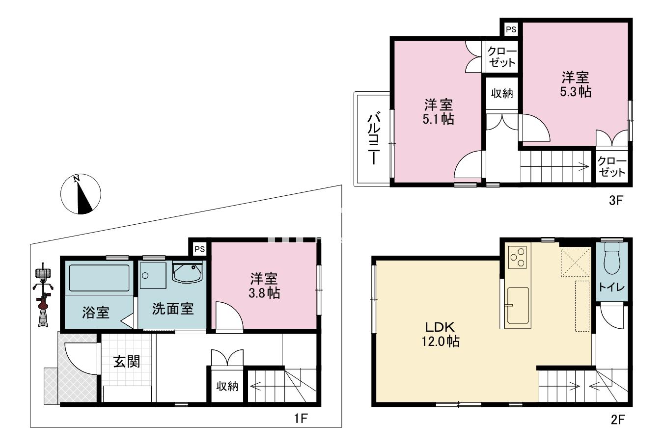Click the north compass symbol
coord(81,194)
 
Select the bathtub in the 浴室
coord(99,278)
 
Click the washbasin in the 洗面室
coord(187,273)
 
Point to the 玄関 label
coord(127,362)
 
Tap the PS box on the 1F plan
coord(199,249)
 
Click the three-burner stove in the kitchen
coord(517,258)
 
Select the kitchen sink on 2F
coord(518,305)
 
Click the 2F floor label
coord(617,419)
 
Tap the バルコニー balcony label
coord(374,138)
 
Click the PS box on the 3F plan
coord(511,29)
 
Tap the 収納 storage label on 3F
coord(502,93)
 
